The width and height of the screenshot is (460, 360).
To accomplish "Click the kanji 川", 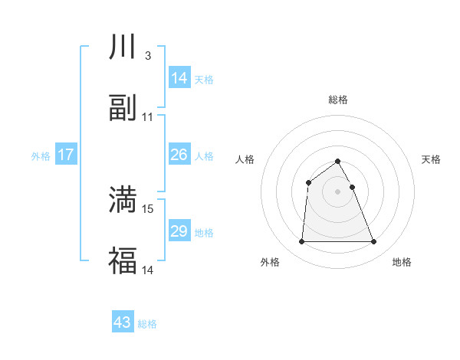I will click(x=123, y=48).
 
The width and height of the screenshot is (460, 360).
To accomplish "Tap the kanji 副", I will click(x=123, y=108).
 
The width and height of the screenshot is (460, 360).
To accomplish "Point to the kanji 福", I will click(x=123, y=260).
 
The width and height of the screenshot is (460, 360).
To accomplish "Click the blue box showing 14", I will click(x=179, y=78).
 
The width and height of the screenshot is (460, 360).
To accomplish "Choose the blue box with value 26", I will click(x=179, y=155).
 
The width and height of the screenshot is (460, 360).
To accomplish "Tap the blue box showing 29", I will click(x=179, y=231).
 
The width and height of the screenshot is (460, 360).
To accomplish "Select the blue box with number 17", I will click(x=66, y=155).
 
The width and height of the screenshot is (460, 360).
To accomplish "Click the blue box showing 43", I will click(x=123, y=322).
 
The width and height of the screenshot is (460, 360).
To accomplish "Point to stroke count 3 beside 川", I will click(x=147, y=56).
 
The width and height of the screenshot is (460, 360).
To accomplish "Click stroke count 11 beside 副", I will click(x=148, y=117).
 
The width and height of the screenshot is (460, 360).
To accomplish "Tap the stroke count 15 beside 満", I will click(x=149, y=208).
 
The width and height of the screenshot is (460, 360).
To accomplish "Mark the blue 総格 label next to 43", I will click(x=148, y=324).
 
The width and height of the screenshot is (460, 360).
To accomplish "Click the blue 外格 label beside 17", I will click(x=41, y=156).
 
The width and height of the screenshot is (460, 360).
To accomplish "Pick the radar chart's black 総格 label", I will click(x=338, y=100).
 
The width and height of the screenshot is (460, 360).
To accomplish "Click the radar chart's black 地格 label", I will click(x=402, y=262).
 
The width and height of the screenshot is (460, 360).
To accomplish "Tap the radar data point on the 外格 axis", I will click(x=301, y=242).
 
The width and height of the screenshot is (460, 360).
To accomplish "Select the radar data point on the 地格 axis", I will click(x=374, y=242).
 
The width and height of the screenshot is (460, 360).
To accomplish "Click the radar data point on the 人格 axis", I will click(x=308, y=182).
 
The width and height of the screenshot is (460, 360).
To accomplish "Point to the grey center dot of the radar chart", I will click(x=338, y=191).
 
